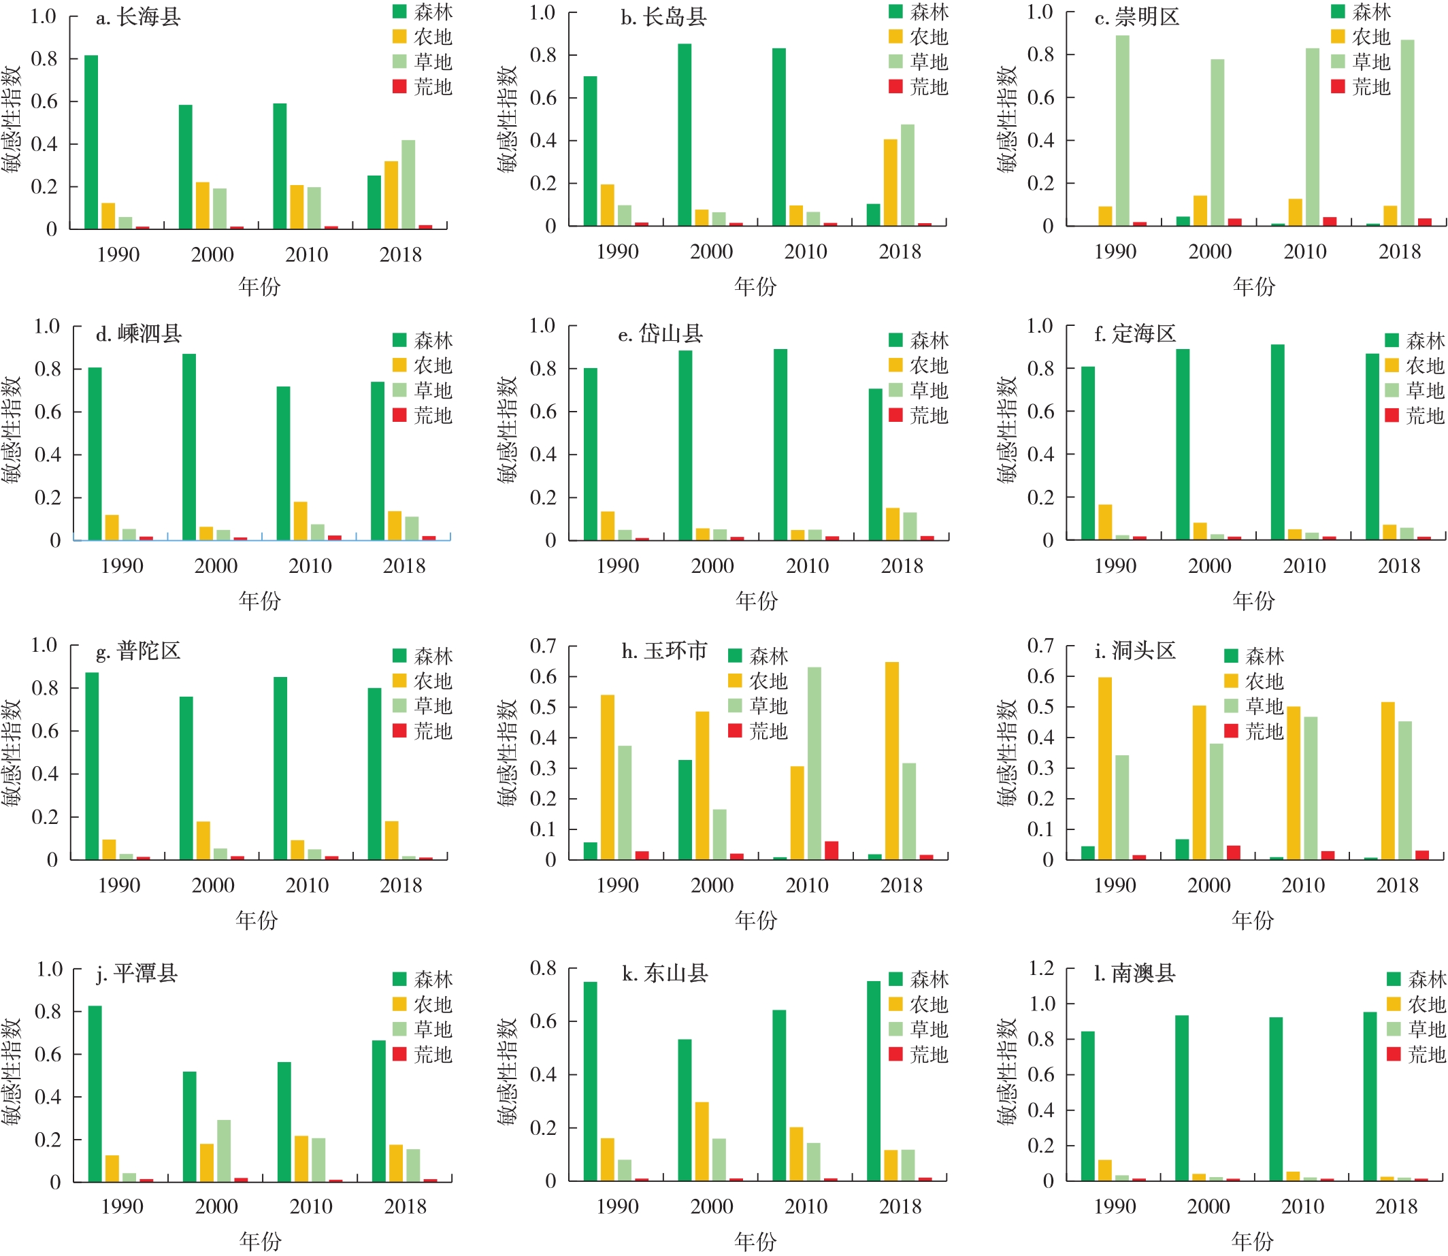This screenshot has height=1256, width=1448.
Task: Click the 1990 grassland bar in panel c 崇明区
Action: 1122,131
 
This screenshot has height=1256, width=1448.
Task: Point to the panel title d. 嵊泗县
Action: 139,333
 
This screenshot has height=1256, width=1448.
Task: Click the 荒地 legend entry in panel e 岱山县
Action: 918,416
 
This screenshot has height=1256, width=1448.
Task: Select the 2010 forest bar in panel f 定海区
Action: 1277,442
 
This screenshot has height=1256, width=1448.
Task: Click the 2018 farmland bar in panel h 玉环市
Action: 891,761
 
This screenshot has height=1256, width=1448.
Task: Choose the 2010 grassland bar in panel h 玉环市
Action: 814,763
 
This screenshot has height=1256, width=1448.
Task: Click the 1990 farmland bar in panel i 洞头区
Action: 1104,768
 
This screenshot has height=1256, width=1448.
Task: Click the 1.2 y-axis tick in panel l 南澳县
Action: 1041,969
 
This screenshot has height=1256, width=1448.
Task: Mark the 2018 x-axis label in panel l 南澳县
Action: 1396,1207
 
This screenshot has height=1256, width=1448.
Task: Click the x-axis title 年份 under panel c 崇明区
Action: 1254,286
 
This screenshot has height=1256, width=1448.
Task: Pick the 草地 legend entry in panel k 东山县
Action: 918,1029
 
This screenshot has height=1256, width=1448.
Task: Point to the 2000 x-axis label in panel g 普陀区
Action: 213,885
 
